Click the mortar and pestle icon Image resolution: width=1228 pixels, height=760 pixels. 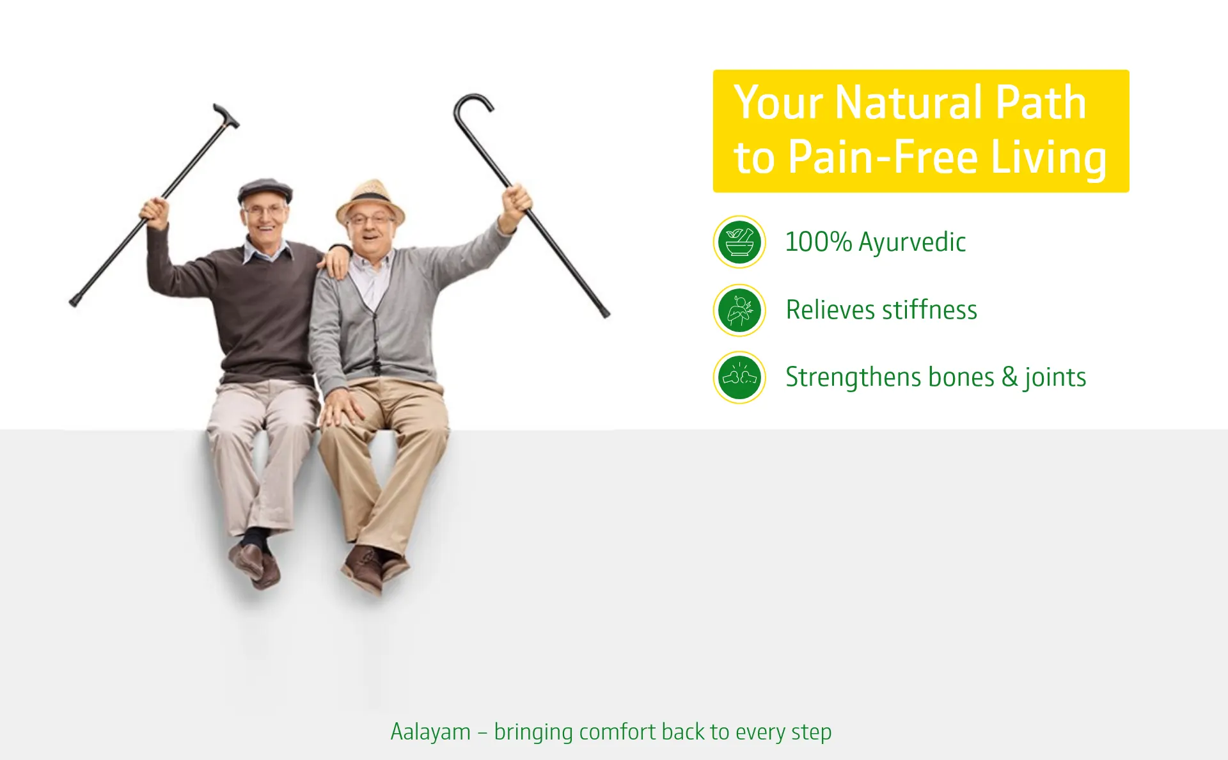click(x=739, y=242)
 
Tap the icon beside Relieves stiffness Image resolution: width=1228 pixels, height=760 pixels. click(x=739, y=310)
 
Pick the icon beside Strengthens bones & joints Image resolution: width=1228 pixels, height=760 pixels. click(x=739, y=377)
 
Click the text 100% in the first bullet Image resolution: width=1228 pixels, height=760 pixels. click(x=818, y=242)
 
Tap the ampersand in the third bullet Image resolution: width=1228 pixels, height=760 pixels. click(x=1009, y=377)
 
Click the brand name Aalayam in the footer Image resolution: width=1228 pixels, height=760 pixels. click(x=430, y=732)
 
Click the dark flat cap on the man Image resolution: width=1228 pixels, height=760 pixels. click(x=265, y=190)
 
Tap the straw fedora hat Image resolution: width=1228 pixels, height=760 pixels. click(x=370, y=198)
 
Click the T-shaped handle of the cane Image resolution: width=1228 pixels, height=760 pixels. click(x=225, y=114)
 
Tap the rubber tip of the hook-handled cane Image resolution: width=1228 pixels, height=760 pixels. click(x=605, y=313)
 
